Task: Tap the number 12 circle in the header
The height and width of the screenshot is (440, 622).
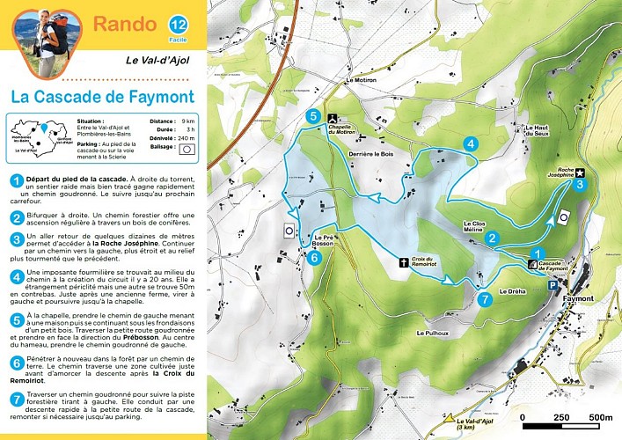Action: tap(177, 24)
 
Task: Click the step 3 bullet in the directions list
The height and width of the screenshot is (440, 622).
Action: tap(16, 238)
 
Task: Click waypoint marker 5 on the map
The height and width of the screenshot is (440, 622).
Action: tap(311, 115)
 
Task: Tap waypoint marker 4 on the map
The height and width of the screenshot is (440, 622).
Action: tap(472, 143)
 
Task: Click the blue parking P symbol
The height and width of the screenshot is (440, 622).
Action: tap(552, 285)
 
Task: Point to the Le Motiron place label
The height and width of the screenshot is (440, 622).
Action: tap(360, 80)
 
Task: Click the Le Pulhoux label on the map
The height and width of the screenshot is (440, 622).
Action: tap(434, 334)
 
